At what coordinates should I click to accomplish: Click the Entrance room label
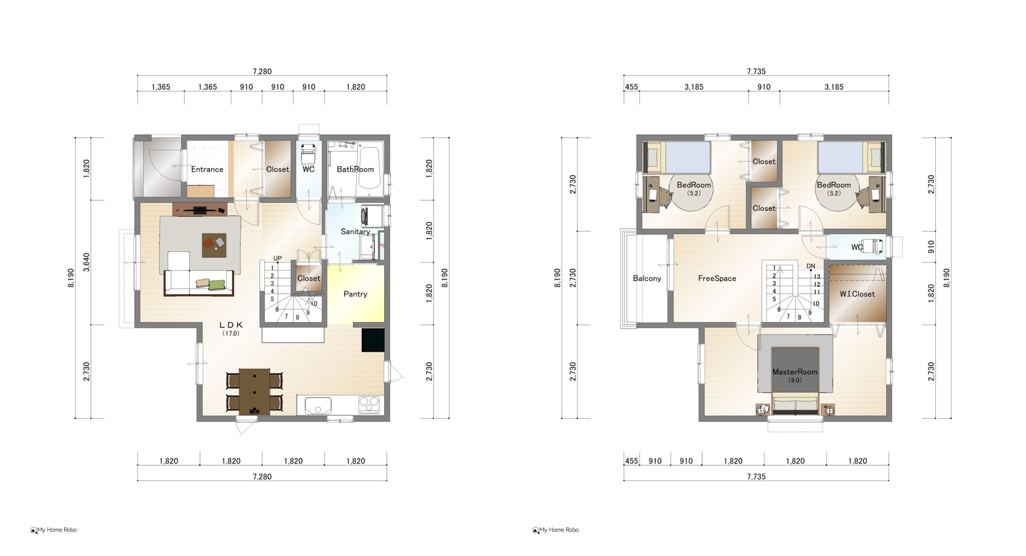207,169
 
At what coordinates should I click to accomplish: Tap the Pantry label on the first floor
355,294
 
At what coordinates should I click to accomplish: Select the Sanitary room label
355,231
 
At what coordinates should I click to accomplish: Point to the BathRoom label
355,169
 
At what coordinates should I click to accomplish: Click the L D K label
231,325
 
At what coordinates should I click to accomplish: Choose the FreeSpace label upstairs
717,278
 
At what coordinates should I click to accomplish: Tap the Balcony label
647,278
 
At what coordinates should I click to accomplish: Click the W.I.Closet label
857,294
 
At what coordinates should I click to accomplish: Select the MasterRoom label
795,372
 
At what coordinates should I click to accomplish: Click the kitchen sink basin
318,405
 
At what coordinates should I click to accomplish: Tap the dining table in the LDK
254,392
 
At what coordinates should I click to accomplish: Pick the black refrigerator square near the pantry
373,340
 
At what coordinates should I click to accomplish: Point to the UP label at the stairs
277,259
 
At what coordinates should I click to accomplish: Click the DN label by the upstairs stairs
811,266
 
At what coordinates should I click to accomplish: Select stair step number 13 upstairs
817,277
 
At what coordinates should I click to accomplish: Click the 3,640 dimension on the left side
86,262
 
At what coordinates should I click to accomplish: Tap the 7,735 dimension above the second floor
756,71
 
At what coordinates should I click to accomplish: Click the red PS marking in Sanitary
381,246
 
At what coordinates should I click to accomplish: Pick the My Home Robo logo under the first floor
53,530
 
